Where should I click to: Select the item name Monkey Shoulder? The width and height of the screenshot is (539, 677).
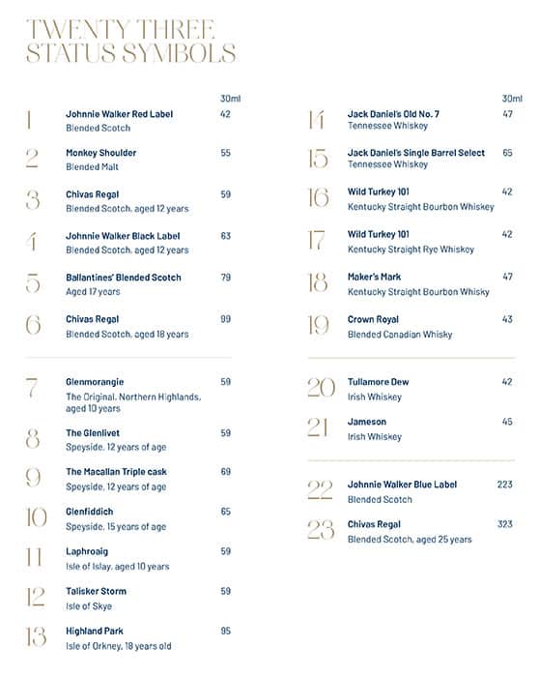tap(100, 153)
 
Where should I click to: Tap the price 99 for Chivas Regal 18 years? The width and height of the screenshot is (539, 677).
tap(225, 318)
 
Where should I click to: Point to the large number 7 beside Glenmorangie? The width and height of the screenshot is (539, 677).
tap(33, 389)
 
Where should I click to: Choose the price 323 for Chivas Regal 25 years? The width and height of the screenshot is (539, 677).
tap(504, 524)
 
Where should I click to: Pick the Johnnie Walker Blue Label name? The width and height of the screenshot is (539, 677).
tap(402, 485)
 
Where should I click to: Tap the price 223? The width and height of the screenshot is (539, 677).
tap(504, 485)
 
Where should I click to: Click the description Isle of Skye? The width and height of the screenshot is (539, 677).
tap(89, 606)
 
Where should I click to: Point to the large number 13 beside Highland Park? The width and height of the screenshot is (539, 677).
tap(35, 637)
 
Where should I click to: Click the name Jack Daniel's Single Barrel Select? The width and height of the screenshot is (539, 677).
tap(416, 153)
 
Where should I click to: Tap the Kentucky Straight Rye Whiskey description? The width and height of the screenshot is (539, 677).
tap(411, 250)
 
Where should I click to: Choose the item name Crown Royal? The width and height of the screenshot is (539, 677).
tap(373, 319)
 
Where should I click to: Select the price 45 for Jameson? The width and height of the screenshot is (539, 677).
tap(507, 422)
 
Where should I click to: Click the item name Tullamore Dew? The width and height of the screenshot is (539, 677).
tap(378, 382)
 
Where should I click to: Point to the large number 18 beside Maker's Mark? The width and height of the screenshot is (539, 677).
tap(318, 283)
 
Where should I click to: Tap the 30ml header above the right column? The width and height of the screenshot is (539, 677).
tap(511, 98)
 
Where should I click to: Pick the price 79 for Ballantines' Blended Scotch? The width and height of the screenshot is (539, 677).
tap(225, 278)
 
